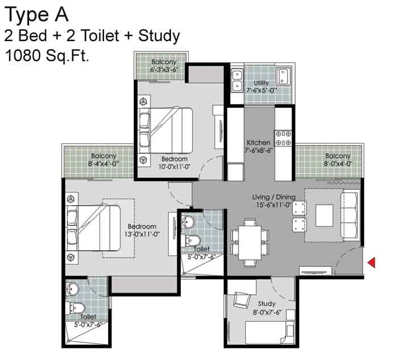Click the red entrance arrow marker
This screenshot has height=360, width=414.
point(372,263)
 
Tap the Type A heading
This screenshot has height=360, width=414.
point(37,15)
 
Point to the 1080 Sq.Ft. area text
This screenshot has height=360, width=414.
point(47,55)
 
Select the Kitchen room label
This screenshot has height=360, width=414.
point(258,142)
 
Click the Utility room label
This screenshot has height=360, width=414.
point(261,83)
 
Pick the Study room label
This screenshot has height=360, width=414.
point(266,304)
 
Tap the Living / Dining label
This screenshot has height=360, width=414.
point(274,197)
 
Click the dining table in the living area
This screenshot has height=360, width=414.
point(250,243)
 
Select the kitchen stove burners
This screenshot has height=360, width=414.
point(283,138)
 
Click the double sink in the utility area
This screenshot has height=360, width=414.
point(237,80)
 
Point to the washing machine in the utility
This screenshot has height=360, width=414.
point(283,76)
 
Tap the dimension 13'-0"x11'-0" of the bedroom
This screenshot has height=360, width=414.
point(142,234)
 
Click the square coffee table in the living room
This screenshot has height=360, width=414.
point(324,215)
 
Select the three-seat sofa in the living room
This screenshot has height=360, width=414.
point(350,215)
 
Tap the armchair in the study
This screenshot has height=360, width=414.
point(242,300)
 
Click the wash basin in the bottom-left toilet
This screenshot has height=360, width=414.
point(72,289)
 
